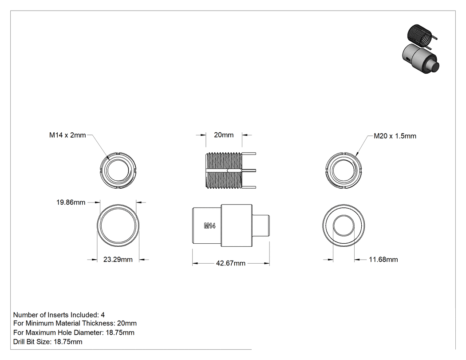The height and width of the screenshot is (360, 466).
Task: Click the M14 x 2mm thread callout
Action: (67, 135)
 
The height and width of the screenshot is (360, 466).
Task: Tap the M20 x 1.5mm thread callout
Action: (395, 136)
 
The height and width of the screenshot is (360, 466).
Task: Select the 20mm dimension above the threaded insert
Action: (224, 135)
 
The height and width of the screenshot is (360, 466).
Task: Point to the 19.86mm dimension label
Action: (71, 202)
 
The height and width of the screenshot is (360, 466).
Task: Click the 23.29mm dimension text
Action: (118, 260)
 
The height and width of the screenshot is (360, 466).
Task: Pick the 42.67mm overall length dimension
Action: (231, 263)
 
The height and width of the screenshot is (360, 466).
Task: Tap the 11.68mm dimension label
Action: (383, 260)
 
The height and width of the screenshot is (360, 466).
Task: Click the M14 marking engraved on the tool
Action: (209, 226)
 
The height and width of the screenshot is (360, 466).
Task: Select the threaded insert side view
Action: (231, 170)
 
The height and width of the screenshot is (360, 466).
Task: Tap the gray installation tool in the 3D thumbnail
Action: (420, 59)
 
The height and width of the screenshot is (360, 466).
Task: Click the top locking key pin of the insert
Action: (249, 154)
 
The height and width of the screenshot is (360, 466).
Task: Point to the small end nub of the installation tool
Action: (261, 225)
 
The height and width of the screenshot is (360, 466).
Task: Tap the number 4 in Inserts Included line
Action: (103, 315)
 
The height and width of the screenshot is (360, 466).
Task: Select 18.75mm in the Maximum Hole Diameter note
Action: (120, 332)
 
